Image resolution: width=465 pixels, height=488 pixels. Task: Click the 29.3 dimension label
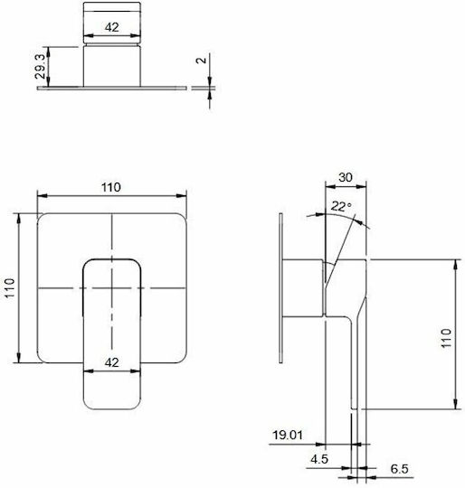pos(41,67)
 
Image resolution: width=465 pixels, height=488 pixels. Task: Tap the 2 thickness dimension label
pos(202,60)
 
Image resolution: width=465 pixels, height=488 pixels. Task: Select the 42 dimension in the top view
pos(112,27)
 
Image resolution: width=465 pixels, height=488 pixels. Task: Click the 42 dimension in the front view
pos(112,362)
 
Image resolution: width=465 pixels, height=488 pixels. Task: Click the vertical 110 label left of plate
pos(10,288)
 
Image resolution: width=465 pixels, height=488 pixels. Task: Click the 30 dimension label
pos(346,177)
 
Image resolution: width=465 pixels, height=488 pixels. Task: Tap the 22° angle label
pos(341,206)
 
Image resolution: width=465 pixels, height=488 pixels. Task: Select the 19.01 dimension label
pos(288,435)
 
